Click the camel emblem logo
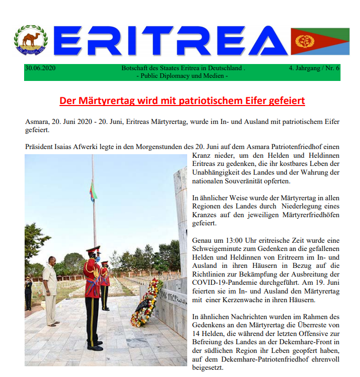click(31, 40)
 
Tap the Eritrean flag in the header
click(320, 41)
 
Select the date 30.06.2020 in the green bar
click(40, 68)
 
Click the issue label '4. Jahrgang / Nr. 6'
click(314, 68)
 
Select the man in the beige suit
click(50, 289)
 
